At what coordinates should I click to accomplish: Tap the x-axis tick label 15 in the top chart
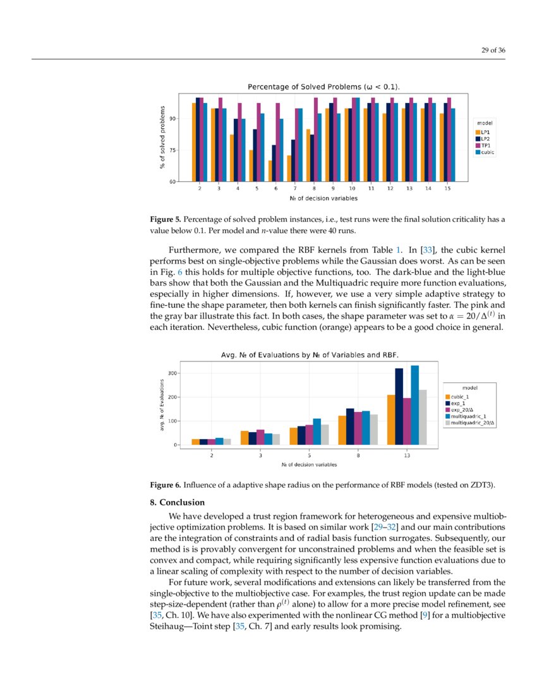[447, 189]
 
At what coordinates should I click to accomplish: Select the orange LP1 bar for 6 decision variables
[270, 171]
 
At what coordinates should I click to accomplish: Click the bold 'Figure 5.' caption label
[165, 219]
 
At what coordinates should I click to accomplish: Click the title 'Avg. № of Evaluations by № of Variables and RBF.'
[309, 354]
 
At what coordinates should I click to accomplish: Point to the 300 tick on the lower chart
[171, 373]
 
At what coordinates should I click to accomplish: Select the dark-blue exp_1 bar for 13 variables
[399, 408]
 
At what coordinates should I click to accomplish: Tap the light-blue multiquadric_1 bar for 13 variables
[415, 406]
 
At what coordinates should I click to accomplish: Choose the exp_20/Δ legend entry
[464, 409]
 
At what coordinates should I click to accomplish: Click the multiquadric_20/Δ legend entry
[473, 423]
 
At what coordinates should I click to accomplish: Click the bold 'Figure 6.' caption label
[165, 485]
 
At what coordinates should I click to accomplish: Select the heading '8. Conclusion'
[177, 502]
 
